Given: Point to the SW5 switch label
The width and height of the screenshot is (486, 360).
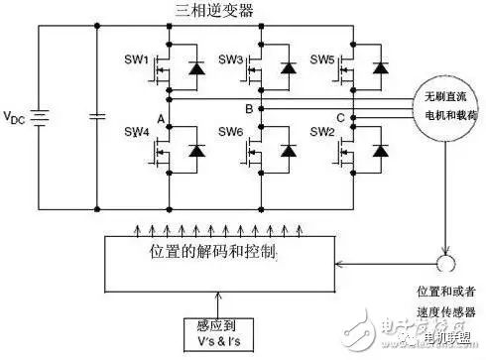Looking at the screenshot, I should pyautogui.click(x=322, y=60).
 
